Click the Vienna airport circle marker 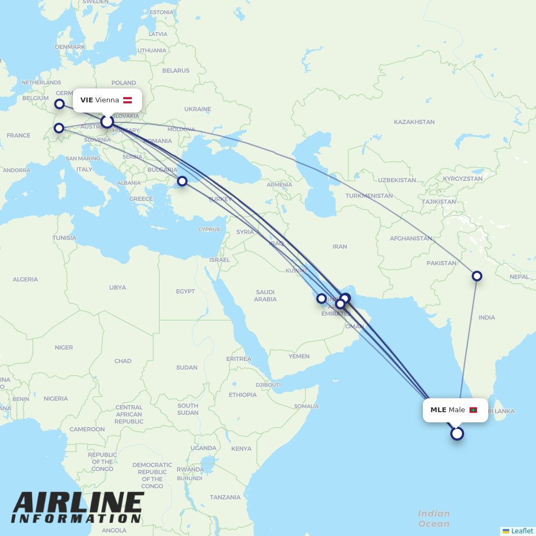(107, 122)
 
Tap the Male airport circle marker (457, 434)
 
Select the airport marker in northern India (477, 276)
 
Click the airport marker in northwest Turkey (182, 181)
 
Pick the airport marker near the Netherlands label (59, 104)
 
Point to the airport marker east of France (59, 128)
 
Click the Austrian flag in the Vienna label (128, 100)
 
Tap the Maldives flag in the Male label (473, 410)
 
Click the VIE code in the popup (86, 100)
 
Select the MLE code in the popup (438, 410)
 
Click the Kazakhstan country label (414, 122)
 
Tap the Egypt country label (185, 292)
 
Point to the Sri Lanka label (501, 411)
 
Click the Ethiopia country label (243, 395)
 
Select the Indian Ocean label (434, 518)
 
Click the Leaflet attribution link (522, 531)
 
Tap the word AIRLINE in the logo (78, 503)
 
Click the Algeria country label (25, 279)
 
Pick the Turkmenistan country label (369, 196)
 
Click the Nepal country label (519, 277)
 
